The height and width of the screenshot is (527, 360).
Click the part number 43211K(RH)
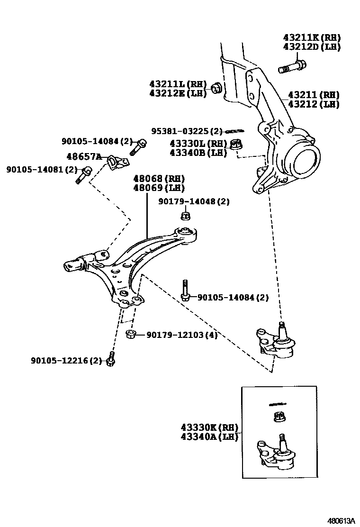pyautogui.click(x=312, y=37)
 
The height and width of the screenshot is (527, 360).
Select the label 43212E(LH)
pyautogui.click(x=178, y=93)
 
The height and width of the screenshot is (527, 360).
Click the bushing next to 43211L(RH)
pyautogui.click(x=216, y=88)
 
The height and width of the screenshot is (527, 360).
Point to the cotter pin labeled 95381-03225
pyautogui.click(x=234, y=131)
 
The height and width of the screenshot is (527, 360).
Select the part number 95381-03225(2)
pyautogui.click(x=187, y=131)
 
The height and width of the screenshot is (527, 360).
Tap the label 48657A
pyautogui.click(x=84, y=156)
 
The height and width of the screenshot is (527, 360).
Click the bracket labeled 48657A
pyautogui.click(x=117, y=162)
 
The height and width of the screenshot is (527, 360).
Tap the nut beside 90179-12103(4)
pyautogui.click(x=131, y=335)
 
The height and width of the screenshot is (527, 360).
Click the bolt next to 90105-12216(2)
pyautogui.click(x=111, y=360)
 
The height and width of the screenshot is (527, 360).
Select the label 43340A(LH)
pyautogui.click(x=209, y=436)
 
